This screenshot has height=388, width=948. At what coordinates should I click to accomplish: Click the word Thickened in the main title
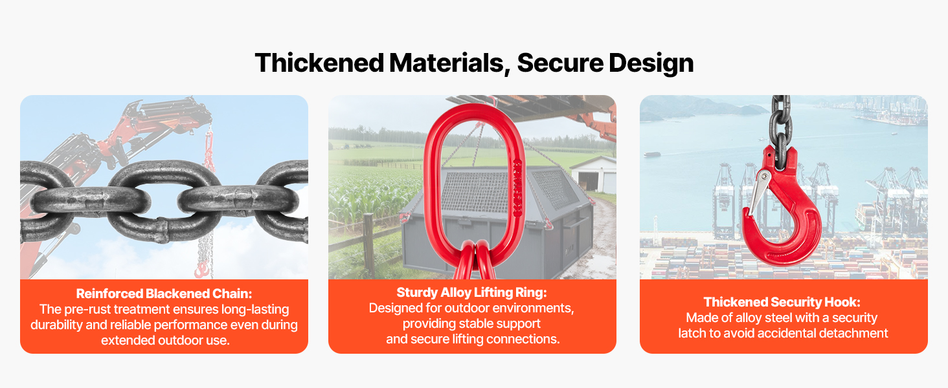(x=319, y=63)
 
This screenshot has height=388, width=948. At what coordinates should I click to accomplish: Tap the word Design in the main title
(x=651, y=63)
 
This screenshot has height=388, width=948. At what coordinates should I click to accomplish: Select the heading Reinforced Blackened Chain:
(x=164, y=294)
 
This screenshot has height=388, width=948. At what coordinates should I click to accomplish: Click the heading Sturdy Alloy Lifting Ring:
(x=471, y=292)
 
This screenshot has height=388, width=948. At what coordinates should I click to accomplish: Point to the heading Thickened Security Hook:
(x=782, y=302)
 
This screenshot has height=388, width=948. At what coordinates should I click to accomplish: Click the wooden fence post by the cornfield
(x=368, y=245)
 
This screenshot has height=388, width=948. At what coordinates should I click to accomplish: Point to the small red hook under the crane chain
(x=202, y=269)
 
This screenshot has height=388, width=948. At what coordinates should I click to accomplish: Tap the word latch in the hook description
(x=692, y=333)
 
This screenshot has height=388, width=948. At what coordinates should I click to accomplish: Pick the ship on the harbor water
(x=651, y=155)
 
